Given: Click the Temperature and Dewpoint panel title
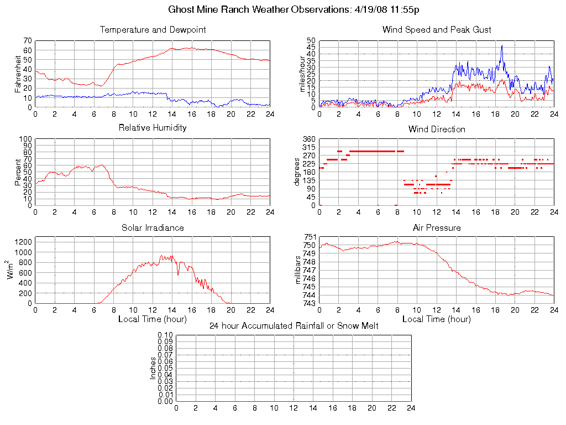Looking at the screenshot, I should tap(153, 30).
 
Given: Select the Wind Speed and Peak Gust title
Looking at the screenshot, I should tap(437, 30).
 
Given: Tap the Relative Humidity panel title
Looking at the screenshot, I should tap(153, 128).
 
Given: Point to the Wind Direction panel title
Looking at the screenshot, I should tap(437, 129).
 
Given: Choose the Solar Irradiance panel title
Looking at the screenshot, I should tap(153, 228).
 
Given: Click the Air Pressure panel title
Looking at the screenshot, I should tap(437, 228).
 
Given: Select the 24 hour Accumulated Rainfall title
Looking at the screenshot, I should tap(294, 326).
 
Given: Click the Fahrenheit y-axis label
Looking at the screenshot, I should tap(18, 74).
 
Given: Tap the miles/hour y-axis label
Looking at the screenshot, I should tap(302, 74).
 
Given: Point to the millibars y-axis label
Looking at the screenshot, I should tap(298, 270).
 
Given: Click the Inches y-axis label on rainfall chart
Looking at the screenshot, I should tap(153, 368).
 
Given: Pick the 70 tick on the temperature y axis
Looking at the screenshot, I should tap(27, 41).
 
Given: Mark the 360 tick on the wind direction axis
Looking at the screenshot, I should tap(309, 139).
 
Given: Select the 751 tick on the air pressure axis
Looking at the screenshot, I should tap(309, 237).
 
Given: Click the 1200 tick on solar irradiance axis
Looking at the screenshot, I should tap(24, 241).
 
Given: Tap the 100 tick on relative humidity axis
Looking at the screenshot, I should tap(25, 139).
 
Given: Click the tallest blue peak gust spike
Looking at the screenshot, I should tap(502, 46).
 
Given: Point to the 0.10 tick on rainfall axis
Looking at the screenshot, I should tap(165, 335).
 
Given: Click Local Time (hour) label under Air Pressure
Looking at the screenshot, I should tap(437, 319).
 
